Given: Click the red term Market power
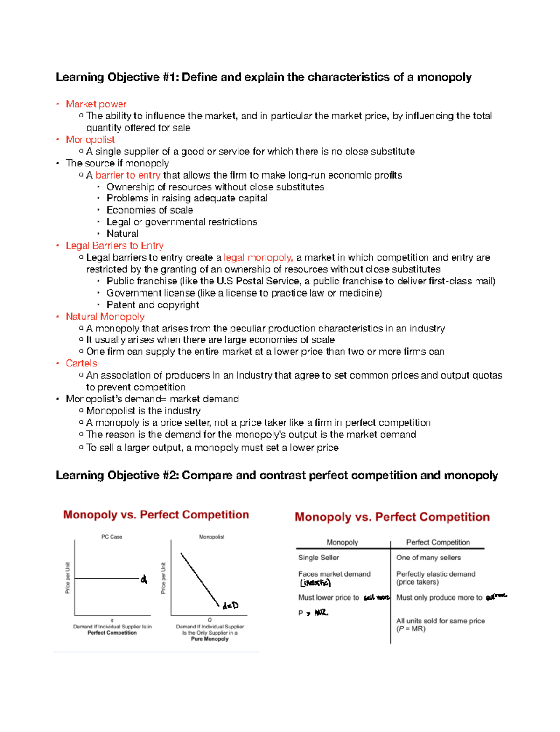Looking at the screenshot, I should pyautogui.click(x=96, y=104).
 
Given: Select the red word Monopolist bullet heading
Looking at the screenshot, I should pyautogui.click(x=90, y=139).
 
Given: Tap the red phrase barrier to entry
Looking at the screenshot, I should pyautogui.click(x=128, y=175).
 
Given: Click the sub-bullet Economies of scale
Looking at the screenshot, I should pyautogui.click(x=149, y=210).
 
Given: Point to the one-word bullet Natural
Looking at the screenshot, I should pyautogui.click(x=122, y=234).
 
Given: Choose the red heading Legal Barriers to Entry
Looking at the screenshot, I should pyautogui.click(x=114, y=245).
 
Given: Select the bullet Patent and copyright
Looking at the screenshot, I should pyautogui.click(x=153, y=304).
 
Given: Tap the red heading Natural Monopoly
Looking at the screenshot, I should pyautogui.click(x=105, y=317).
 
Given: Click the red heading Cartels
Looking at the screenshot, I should pyautogui.click(x=81, y=363).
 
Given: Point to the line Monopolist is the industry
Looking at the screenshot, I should pyautogui.click(x=143, y=411).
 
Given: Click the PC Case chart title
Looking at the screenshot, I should pyautogui.click(x=112, y=537).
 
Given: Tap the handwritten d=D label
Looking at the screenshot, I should pyautogui.click(x=230, y=606).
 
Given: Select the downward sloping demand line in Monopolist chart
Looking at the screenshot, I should pyautogui.click(x=200, y=580).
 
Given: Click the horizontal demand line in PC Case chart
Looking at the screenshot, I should pyautogui.click(x=106, y=579).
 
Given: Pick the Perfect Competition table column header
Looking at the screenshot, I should pyautogui.click(x=438, y=542).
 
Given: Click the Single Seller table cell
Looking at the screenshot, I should pyautogui.click(x=318, y=558).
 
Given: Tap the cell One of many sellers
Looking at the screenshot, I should pyautogui.click(x=428, y=558).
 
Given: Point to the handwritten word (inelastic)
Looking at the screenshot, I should pyautogui.click(x=315, y=583).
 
